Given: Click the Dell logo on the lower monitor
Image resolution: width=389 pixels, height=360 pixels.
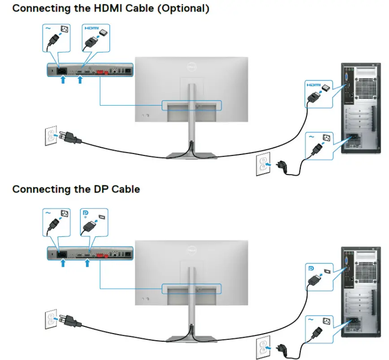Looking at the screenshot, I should (192, 252).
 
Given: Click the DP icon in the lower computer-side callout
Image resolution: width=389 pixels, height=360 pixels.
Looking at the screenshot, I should (311, 267).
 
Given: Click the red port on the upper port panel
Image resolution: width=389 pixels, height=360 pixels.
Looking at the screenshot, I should (103, 71).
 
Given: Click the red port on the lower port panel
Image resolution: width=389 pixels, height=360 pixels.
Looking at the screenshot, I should (103, 254).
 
